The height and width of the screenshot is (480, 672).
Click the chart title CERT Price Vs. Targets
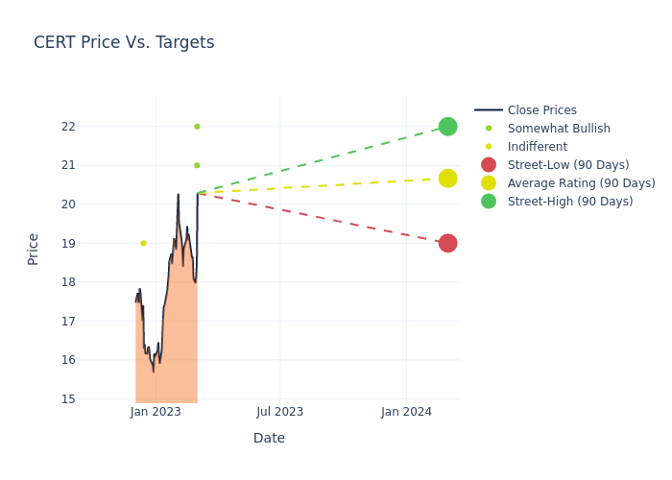(x=124, y=43)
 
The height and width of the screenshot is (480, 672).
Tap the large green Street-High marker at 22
(x=447, y=127)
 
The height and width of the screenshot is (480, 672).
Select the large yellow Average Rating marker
(x=447, y=179)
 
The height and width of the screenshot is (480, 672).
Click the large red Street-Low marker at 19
(x=447, y=243)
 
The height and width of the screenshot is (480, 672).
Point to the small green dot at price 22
(x=197, y=127)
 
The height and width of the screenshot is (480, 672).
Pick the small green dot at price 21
(x=197, y=165)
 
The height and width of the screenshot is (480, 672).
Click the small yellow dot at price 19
(x=143, y=243)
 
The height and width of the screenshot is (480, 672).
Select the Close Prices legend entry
(x=541, y=110)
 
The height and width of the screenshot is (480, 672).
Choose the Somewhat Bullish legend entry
(x=558, y=129)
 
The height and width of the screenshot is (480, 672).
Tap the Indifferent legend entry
(x=537, y=147)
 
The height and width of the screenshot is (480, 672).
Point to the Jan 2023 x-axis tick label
(x=156, y=412)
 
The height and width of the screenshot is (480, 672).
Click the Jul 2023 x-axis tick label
(x=280, y=412)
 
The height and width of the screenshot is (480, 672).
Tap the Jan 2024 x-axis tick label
(x=406, y=412)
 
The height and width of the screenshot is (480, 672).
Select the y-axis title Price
(x=34, y=249)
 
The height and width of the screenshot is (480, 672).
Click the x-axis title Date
(x=269, y=439)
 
